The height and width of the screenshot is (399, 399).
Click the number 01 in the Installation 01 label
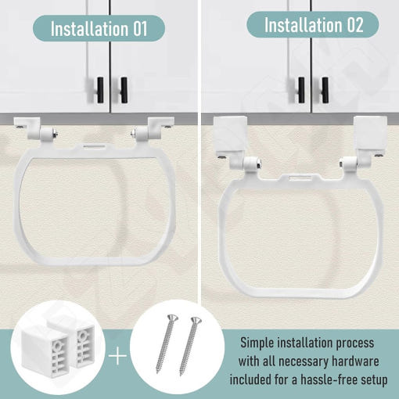[x=140, y=29]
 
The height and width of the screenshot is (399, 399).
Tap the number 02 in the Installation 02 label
[x=355, y=25]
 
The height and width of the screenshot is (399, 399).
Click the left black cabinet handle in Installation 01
[x=100, y=90]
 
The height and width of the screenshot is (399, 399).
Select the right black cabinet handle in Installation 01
[x=124, y=90]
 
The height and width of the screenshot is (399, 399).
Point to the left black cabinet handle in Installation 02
[x=301, y=90]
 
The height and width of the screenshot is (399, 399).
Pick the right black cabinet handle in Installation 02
[x=325, y=90]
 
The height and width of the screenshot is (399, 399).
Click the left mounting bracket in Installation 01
[x=36, y=129]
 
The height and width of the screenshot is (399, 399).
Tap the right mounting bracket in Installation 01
[x=153, y=129]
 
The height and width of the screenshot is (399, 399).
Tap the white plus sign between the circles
[x=117, y=355]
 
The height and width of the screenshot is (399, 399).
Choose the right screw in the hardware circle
[x=189, y=347]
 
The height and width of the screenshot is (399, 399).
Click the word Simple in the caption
[x=257, y=343]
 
